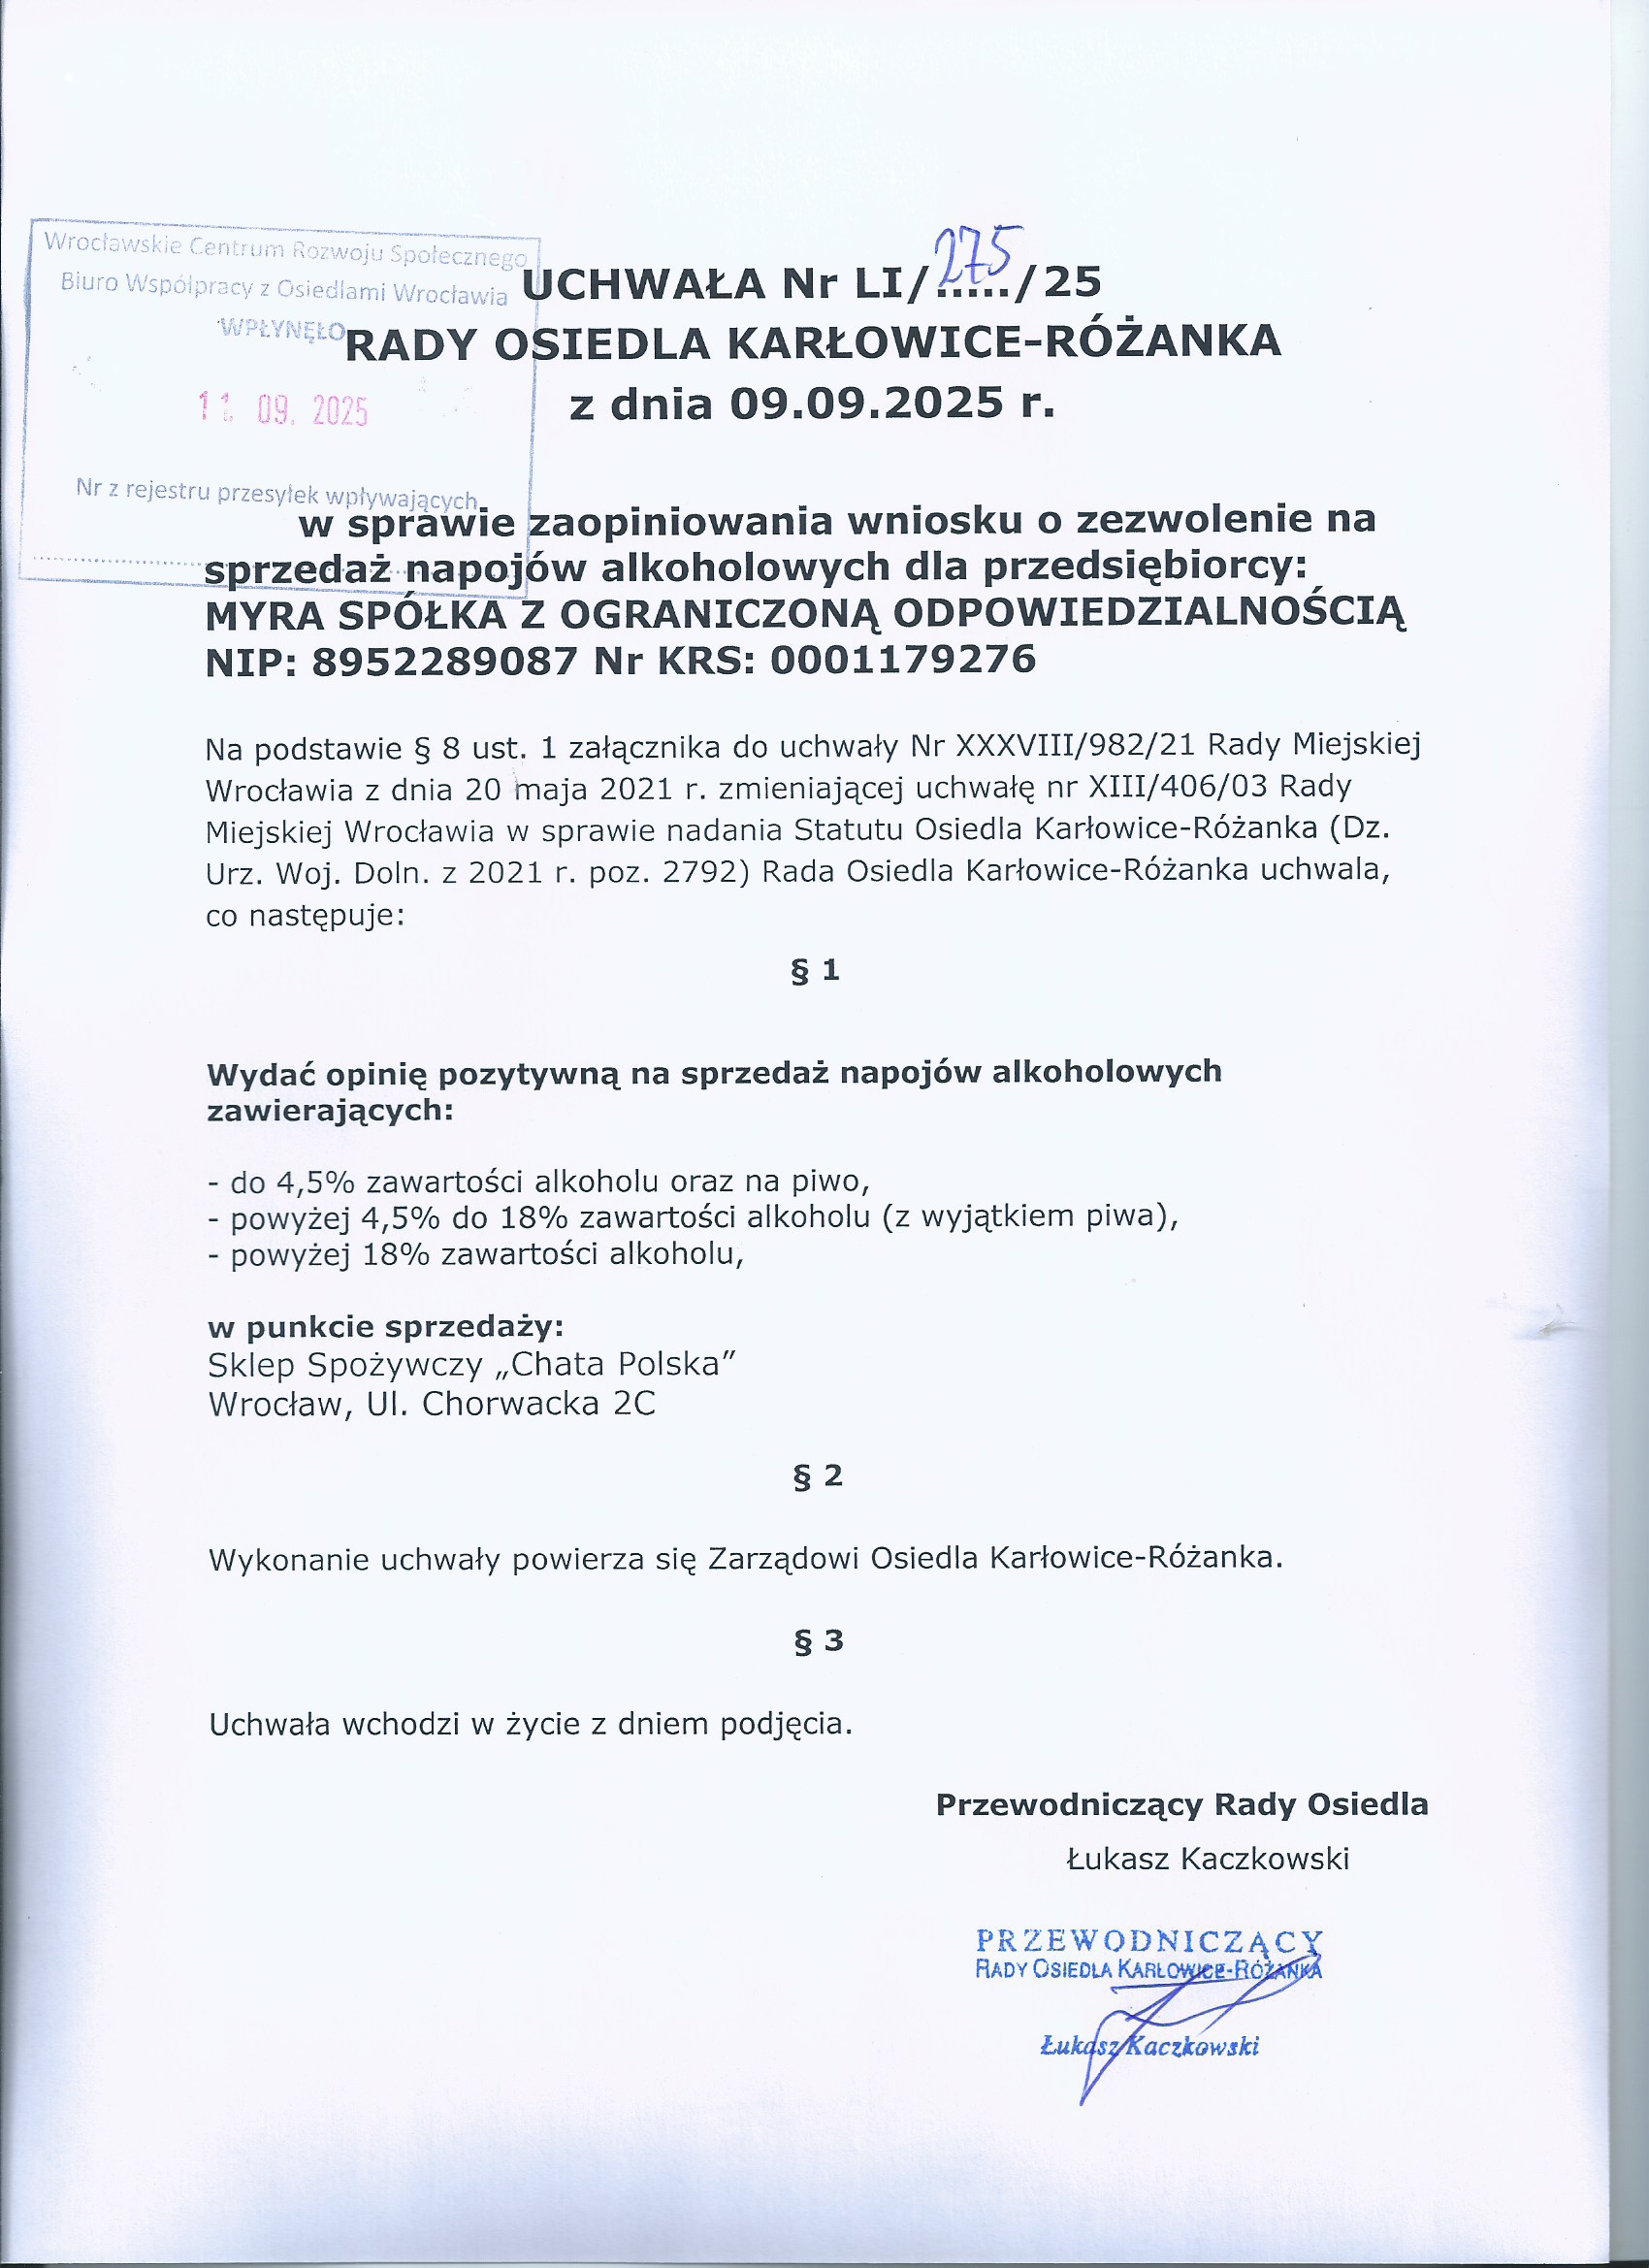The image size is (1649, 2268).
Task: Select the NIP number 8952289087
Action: click(445, 661)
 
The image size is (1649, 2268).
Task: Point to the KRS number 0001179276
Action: click(903, 659)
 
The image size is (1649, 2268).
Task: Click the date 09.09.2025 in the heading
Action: click(866, 403)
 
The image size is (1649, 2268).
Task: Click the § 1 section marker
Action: click(815, 970)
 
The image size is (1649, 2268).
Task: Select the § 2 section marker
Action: click(817, 1476)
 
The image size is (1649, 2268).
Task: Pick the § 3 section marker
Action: click(818, 1641)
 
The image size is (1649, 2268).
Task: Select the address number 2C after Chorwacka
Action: click(634, 1404)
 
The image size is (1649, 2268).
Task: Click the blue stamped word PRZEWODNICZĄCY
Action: click(1149, 1941)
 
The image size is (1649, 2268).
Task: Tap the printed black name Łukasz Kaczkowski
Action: click(1208, 1859)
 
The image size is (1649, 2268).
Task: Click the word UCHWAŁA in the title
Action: click(644, 284)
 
